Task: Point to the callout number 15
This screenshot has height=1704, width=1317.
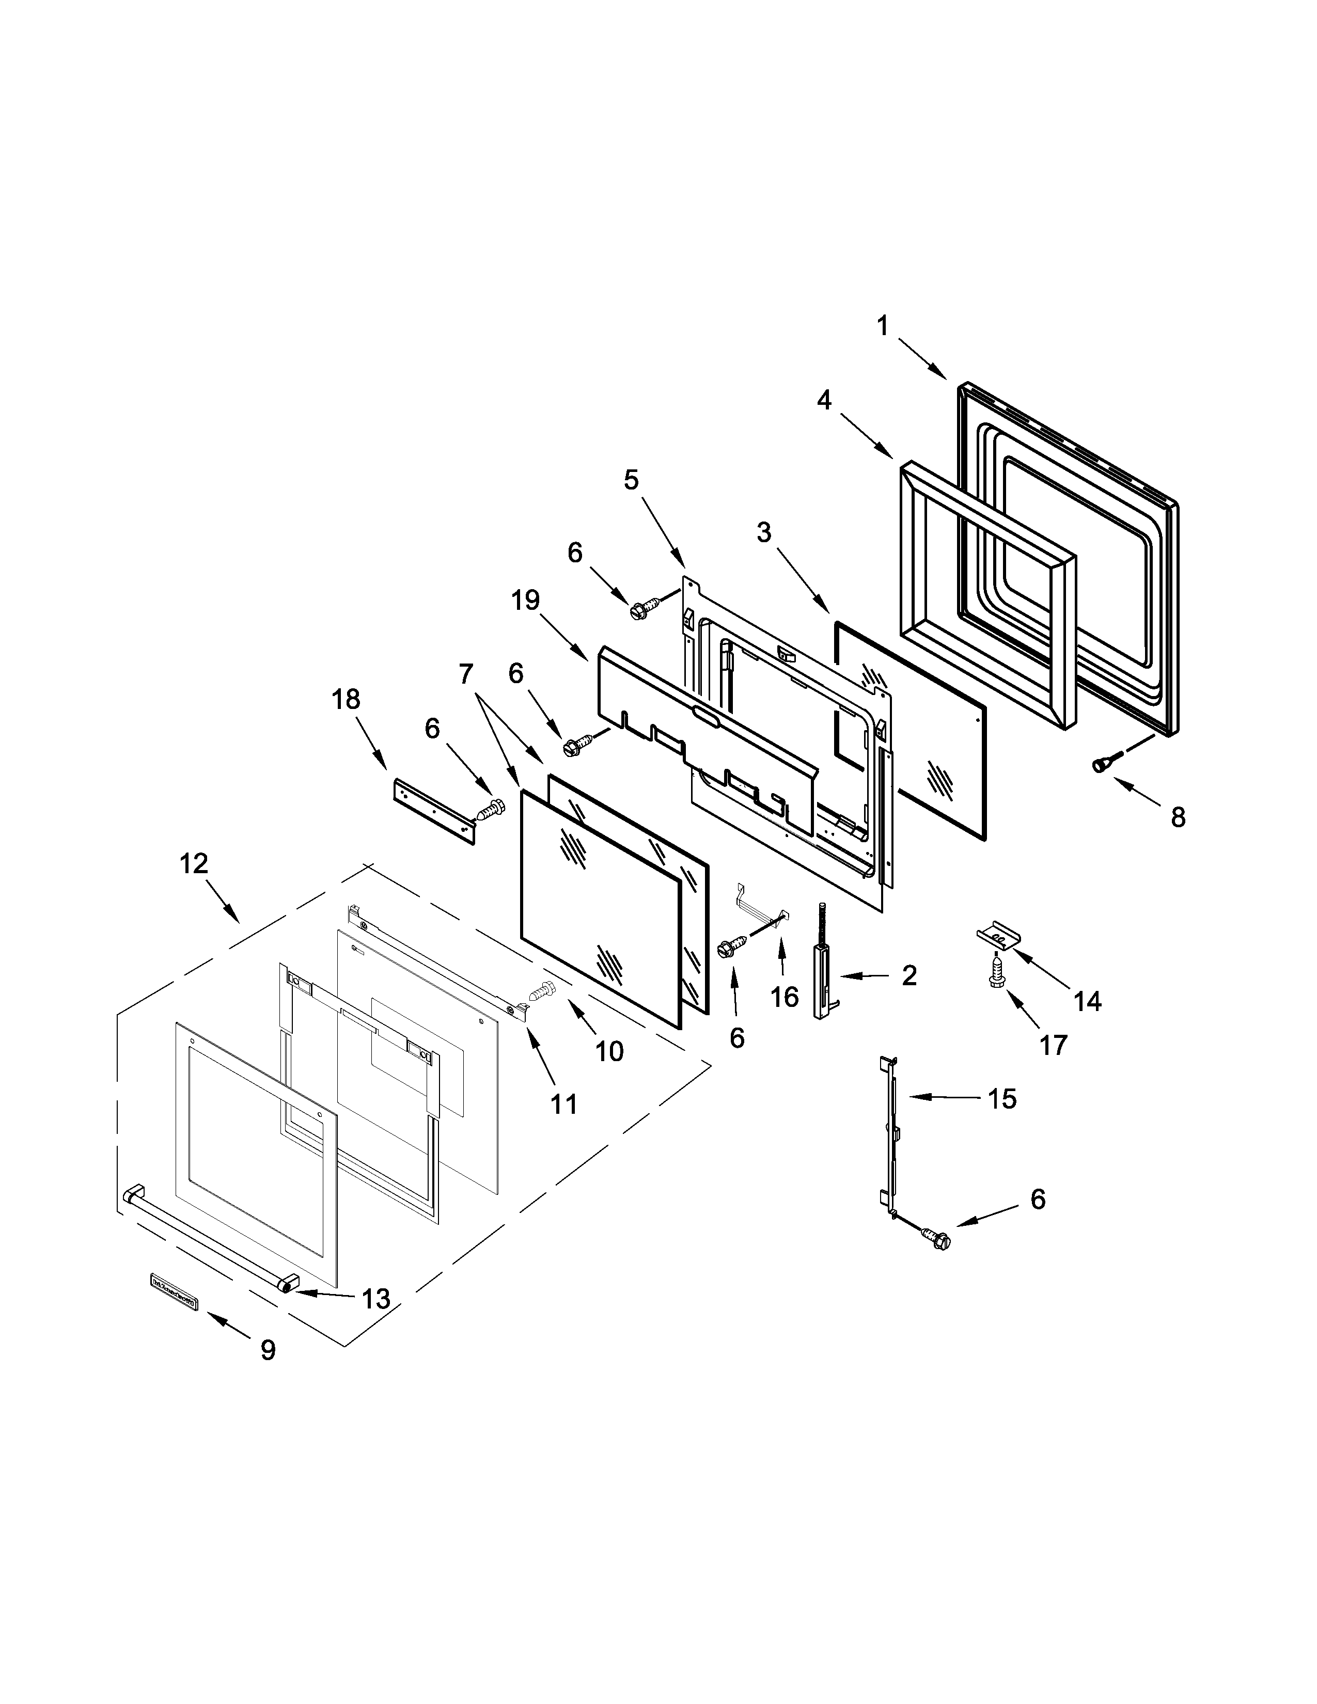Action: point(1002,1099)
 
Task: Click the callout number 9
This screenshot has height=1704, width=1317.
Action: point(268,1350)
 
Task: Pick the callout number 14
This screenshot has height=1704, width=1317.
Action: point(1087,1001)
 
